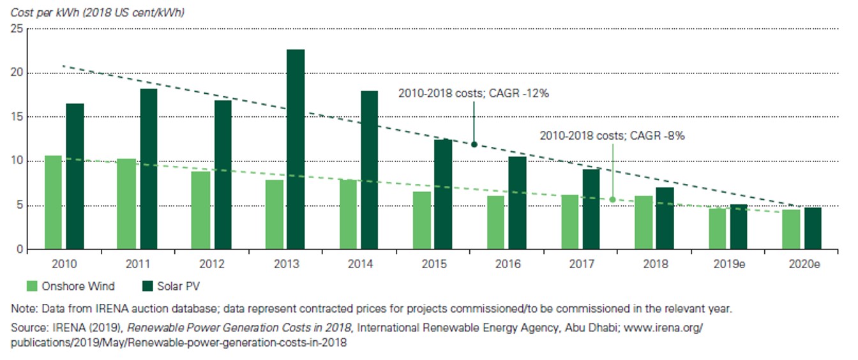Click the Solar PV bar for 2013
(x=295, y=149)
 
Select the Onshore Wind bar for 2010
(x=53, y=202)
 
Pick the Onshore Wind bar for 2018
(x=643, y=223)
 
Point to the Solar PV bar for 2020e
(x=813, y=229)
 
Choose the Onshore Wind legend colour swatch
(x=33, y=286)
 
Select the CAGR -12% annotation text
(x=474, y=93)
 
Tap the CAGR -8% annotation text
(x=612, y=136)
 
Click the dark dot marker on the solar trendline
(x=474, y=144)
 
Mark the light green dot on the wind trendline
(x=612, y=200)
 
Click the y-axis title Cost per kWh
(x=98, y=12)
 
